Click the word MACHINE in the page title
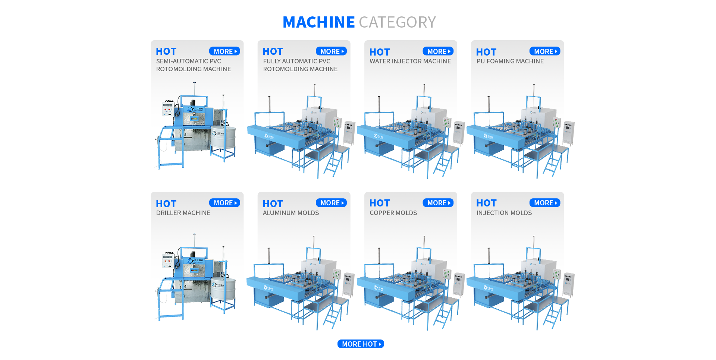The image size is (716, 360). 318,22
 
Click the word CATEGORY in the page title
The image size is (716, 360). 397,22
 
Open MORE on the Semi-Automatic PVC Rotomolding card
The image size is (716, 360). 224,51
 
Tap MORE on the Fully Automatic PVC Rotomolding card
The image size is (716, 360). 331,51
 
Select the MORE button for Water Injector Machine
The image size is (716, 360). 438,51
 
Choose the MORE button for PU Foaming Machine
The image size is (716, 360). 544,51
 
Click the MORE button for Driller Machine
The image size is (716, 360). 224,203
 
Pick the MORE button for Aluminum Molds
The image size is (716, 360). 331,203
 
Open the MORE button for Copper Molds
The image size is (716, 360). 438,203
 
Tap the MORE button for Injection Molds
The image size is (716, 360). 544,203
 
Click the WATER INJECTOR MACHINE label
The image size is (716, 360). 410,61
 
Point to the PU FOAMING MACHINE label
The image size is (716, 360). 510,61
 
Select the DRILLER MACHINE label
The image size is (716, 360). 183,213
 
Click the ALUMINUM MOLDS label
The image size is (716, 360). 291,213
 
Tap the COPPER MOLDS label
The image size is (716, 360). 393,213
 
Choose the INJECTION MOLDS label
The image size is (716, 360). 504,213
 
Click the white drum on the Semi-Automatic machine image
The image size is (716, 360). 223,137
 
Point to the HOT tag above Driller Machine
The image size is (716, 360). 166,204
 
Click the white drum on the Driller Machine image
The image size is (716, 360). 223,289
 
